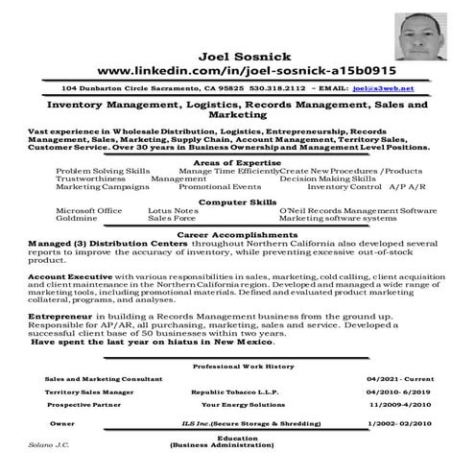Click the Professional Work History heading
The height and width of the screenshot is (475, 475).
(244, 367)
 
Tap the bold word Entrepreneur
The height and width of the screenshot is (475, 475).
(55, 315)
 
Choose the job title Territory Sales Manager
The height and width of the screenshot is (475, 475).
(89, 392)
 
